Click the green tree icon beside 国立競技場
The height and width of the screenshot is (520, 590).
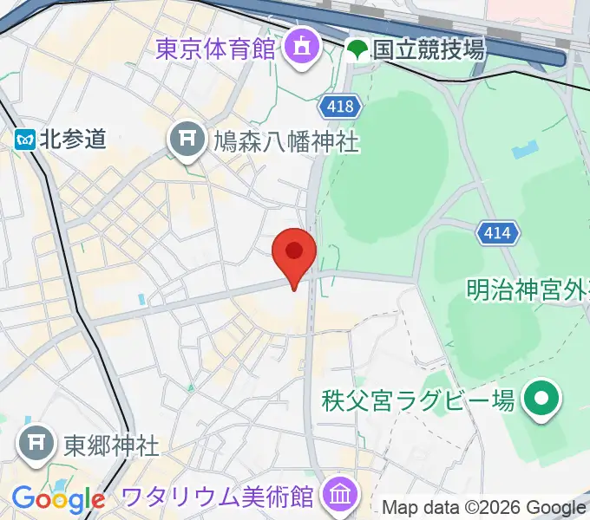(357, 49)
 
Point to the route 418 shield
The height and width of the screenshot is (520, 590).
(340, 106)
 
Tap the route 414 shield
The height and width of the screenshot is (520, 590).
(498, 232)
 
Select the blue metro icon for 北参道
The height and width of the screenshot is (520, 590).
(24, 140)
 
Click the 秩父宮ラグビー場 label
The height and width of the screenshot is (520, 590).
(418, 400)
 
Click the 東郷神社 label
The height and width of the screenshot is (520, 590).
(111, 445)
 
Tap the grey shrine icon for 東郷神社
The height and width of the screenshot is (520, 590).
(36, 445)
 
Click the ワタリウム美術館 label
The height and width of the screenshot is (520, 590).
(216, 497)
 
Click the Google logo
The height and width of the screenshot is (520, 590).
(58, 499)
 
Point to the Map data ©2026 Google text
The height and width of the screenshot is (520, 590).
(484, 508)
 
